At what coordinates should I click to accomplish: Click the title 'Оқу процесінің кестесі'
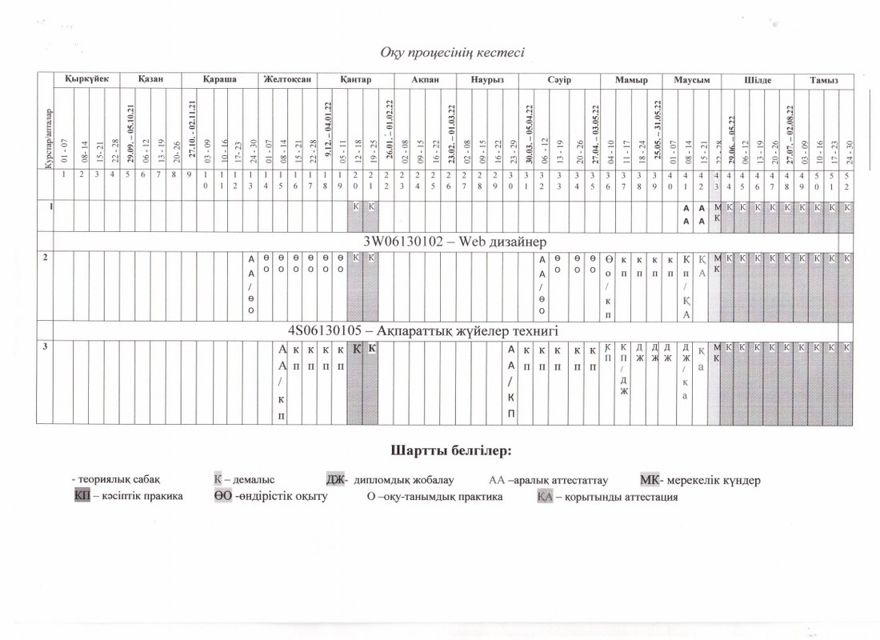452,53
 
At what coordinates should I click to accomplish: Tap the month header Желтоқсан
284,80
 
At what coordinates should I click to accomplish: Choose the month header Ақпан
425,80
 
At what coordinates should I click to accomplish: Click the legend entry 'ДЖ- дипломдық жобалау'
390,480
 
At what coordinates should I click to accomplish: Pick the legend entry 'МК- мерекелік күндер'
700,480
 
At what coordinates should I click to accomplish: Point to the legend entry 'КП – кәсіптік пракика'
128,496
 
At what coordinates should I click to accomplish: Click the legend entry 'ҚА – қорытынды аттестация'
607,497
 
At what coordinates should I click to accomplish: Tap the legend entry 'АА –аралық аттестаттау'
548,480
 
